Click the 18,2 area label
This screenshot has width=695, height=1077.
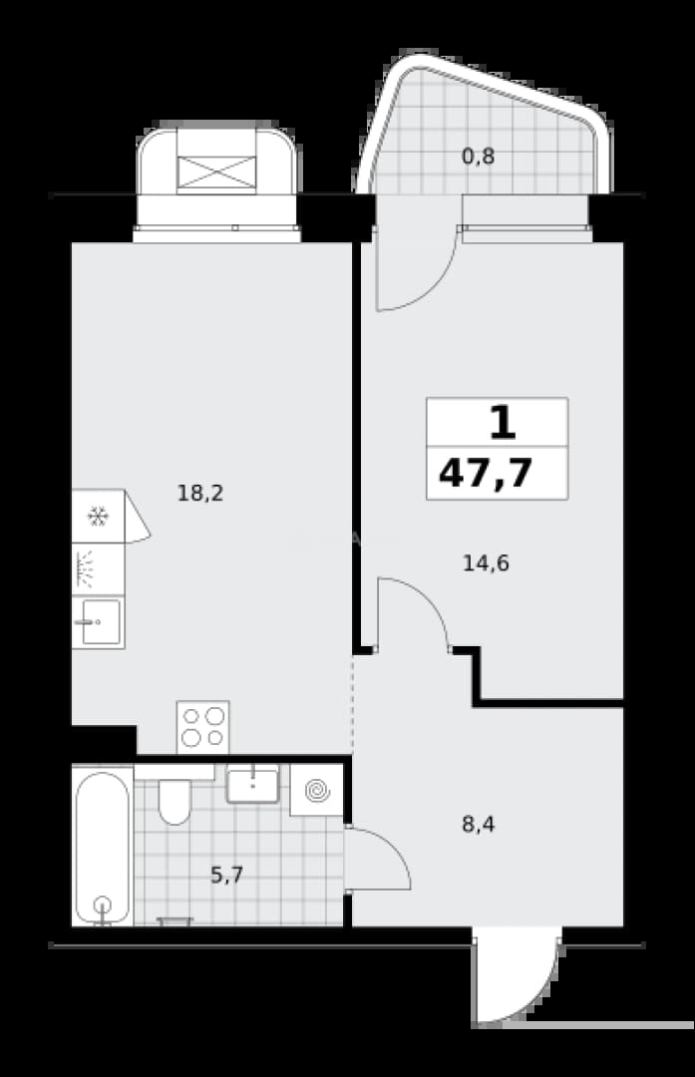tap(200, 494)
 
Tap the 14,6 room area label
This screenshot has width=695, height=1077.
tap(486, 563)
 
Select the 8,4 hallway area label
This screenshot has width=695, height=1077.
tap(478, 824)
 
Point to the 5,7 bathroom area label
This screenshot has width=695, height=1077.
tap(226, 876)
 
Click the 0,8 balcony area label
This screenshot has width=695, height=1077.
tap(478, 157)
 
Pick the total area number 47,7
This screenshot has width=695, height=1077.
tap(486, 473)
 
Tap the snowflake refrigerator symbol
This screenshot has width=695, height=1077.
tap(98, 517)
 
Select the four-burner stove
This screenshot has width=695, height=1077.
tap(202, 727)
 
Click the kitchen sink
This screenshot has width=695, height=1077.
tap(98, 622)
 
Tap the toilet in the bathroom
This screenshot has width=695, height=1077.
tap(174, 800)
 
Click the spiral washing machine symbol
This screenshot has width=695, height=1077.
tap(317, 790)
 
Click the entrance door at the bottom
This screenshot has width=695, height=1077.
tap(516, 975)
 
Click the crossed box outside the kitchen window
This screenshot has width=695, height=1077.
tap(216, 172)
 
